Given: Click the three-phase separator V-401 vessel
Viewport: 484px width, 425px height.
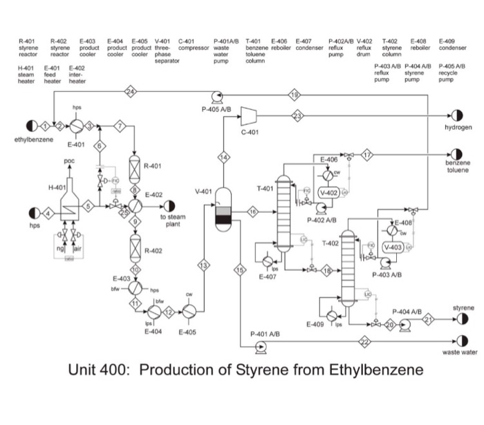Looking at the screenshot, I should click(223, 210).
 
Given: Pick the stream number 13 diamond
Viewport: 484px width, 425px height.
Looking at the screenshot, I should click(204, 266).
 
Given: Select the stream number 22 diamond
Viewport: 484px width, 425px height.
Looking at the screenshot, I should click(365, 341).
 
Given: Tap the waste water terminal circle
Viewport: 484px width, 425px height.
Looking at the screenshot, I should click(456, 341).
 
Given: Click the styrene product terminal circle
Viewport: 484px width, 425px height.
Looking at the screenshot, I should click(456, 320).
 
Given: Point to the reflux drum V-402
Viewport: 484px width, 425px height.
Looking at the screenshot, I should click(329, 192).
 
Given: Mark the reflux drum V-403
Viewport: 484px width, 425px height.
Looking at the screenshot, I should click(393, 247).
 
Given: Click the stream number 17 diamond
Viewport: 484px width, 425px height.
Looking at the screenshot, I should click(367, 155).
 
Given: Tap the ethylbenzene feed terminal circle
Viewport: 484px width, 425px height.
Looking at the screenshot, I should click(31, 126).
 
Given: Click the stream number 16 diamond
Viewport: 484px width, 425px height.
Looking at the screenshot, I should click(253, 210).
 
